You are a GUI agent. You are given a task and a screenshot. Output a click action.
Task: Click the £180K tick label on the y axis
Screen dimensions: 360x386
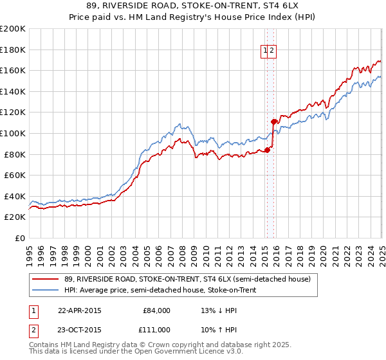13,50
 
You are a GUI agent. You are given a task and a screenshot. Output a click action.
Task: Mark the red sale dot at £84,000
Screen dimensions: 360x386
267,150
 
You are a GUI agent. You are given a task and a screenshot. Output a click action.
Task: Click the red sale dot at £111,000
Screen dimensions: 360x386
273,121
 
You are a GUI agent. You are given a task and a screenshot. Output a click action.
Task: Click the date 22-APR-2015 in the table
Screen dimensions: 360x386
79,310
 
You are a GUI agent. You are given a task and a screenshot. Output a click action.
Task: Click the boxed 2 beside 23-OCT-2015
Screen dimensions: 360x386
32,330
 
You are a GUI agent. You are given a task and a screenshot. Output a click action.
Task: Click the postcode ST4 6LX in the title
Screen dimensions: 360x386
267,6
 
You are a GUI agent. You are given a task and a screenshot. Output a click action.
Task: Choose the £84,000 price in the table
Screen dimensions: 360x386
157,310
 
